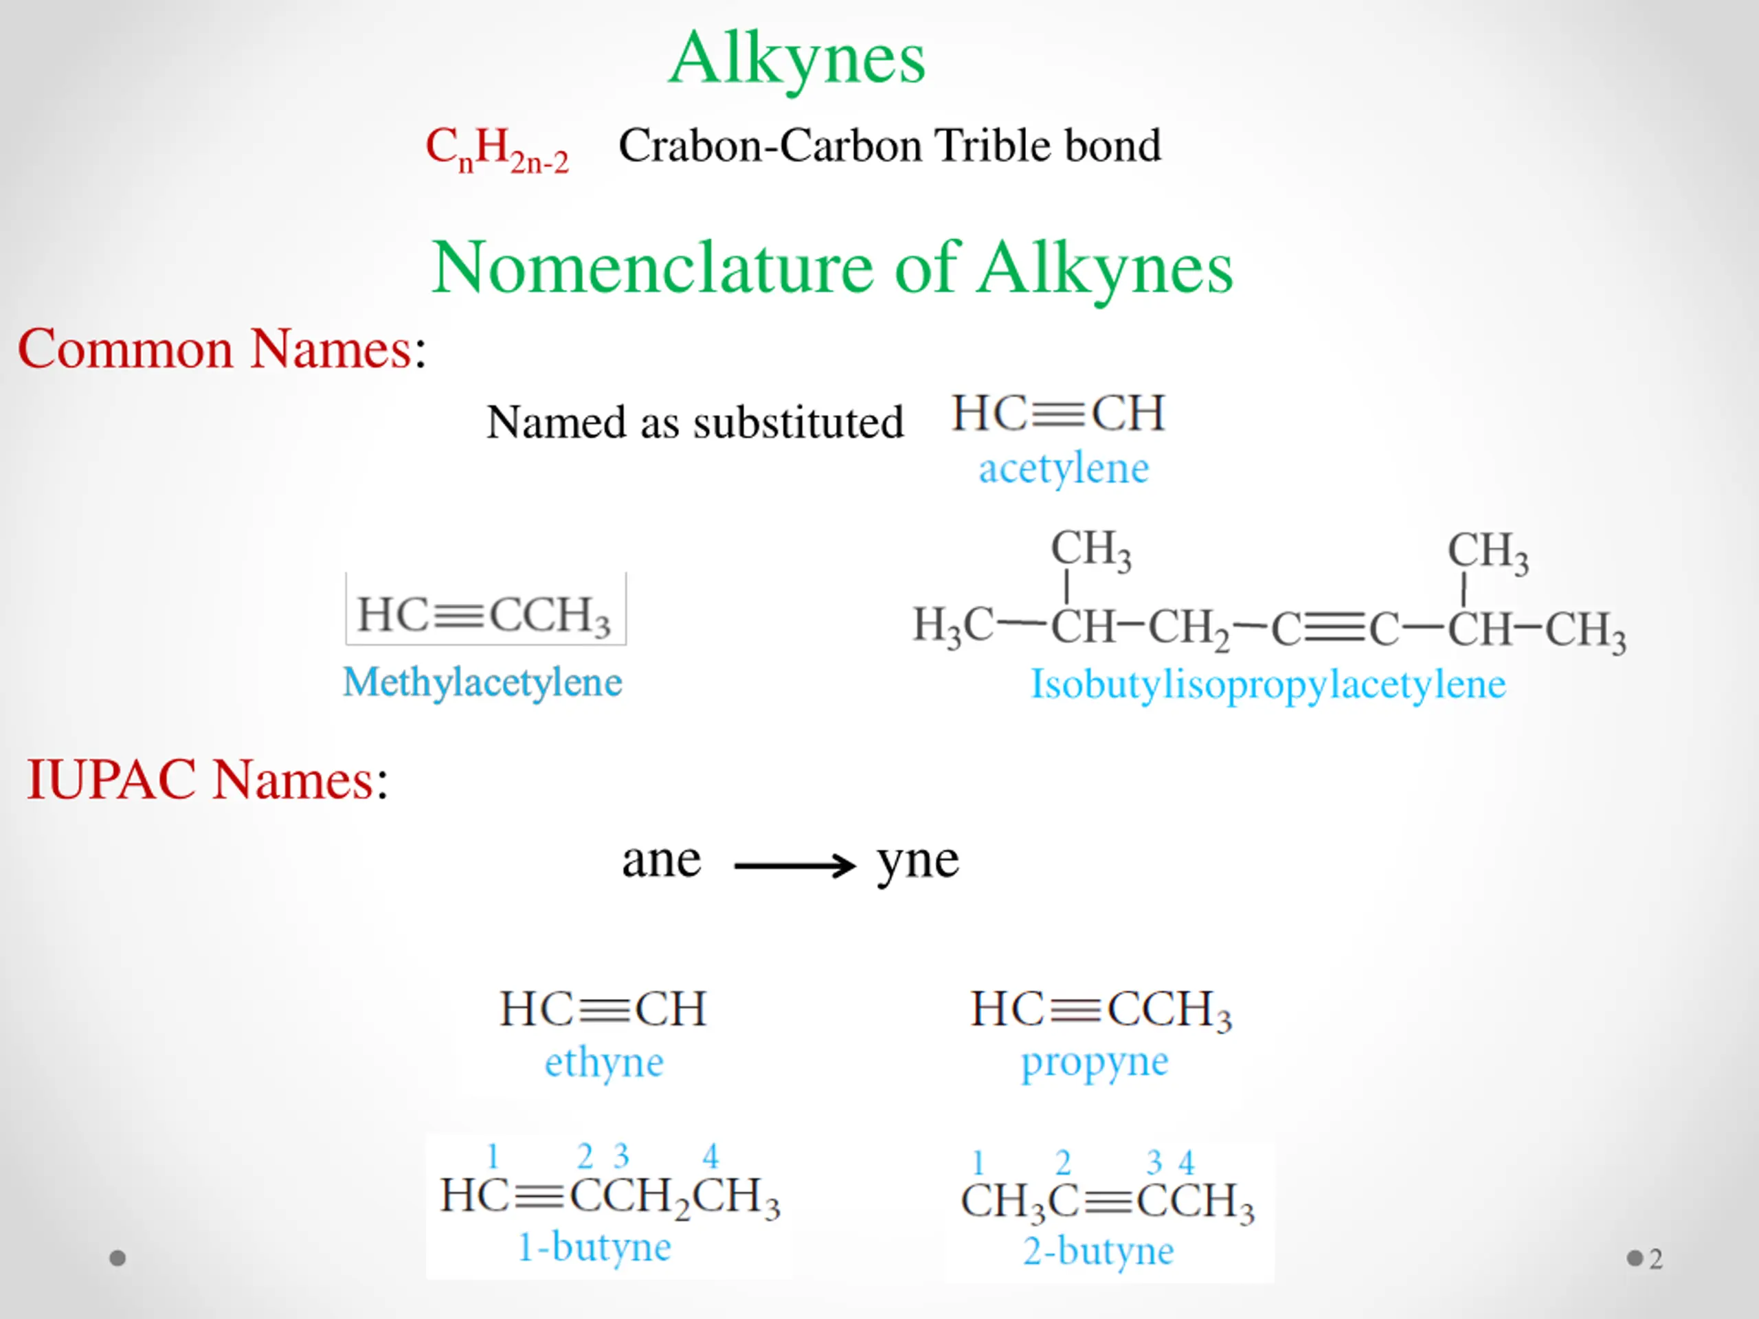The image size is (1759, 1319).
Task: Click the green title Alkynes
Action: [x=797, y=60]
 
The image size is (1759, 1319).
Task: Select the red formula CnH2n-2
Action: [x=497, y=148]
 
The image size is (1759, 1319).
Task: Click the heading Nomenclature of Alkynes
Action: [x=832, y=268]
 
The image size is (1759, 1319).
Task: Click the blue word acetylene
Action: [x=1063, y=468]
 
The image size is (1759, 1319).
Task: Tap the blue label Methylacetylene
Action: [x=482, y=682]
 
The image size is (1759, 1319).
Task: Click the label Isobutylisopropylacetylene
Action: [x=1268, y=684]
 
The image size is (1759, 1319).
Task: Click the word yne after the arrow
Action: [x=918, y=861]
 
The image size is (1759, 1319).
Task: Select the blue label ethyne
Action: [x=603, y=1062]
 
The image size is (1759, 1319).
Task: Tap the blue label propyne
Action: [x=1094, y=1062]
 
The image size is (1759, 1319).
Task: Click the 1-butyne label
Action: [x=594, y=1246]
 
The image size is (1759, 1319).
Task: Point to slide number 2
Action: [x=1656, y=1259]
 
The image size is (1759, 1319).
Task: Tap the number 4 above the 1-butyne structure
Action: [x=710, y=1155]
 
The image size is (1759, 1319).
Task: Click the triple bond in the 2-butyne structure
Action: [x=1108, y=1202]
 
